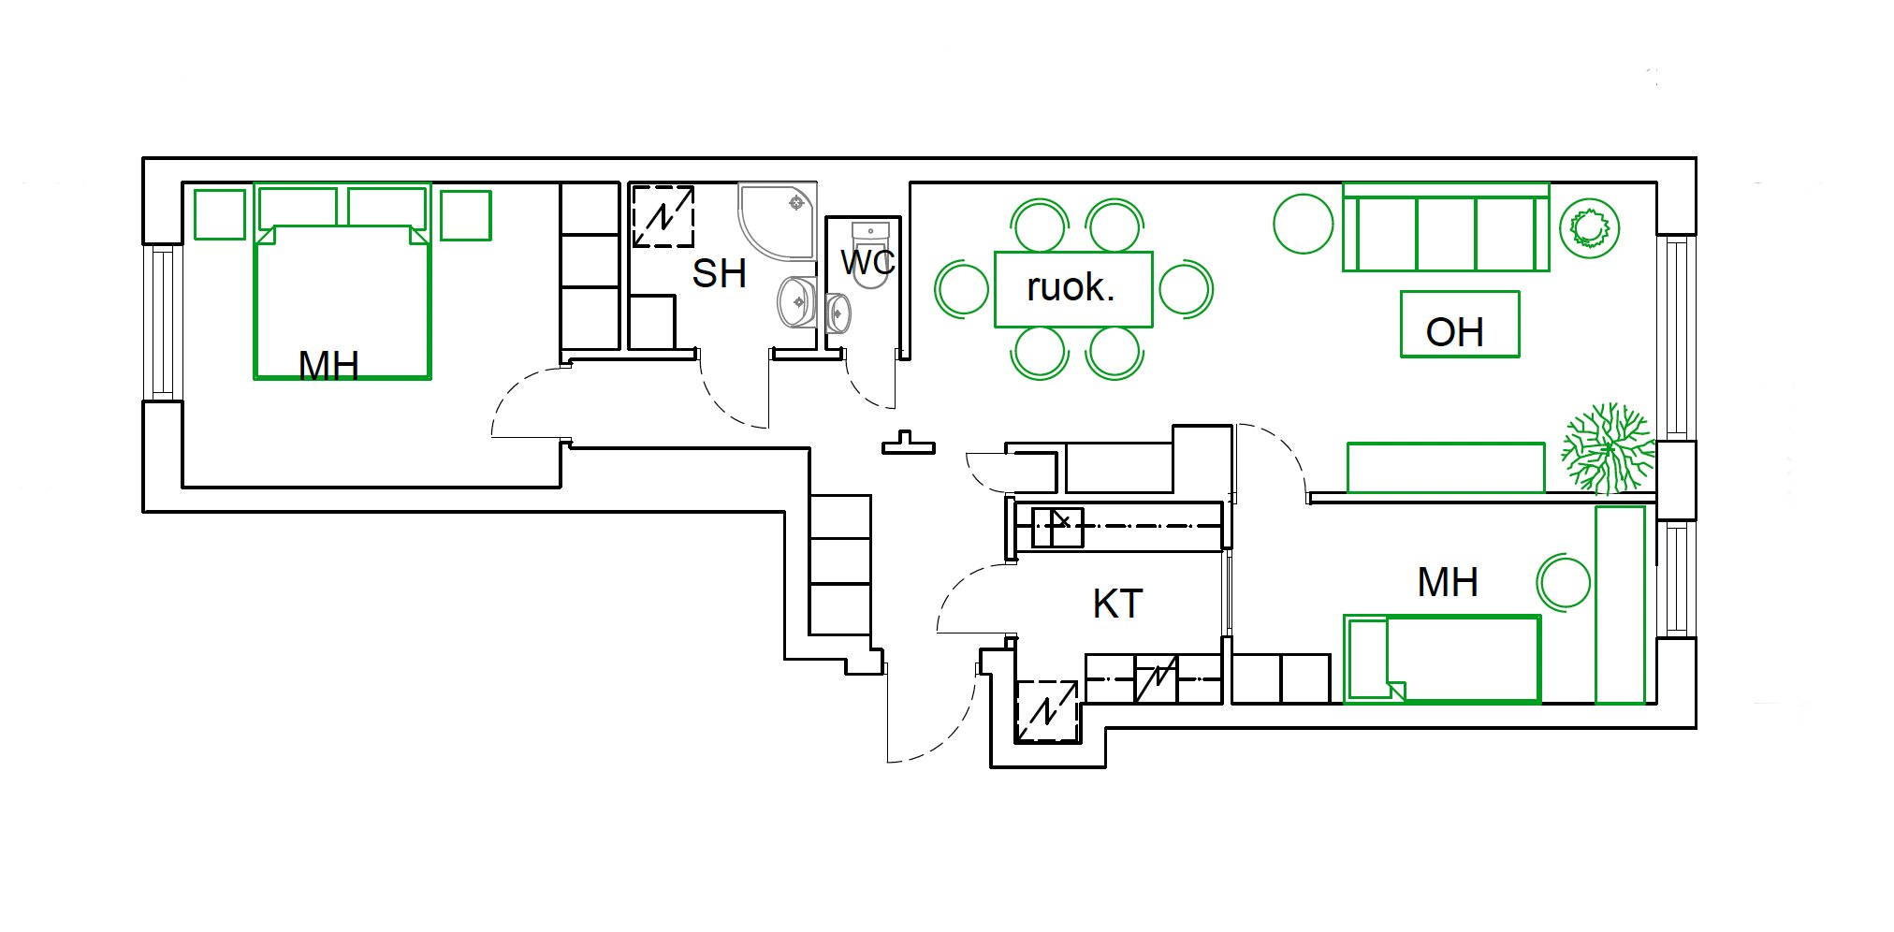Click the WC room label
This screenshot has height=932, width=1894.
coord(867,262)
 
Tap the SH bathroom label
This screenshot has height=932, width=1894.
coord(719,273)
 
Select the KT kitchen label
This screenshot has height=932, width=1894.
coord(1117,604)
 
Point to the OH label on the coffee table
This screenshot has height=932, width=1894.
coord(1454,332)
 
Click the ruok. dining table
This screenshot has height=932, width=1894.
coord(1072,289)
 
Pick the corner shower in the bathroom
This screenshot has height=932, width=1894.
coord(777,221)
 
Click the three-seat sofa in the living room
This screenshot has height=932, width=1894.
coord(1446,227)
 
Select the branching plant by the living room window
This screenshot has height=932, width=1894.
coord(1607,448)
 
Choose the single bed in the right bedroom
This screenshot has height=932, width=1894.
coord(1442,659)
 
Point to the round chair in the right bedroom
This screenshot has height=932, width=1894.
coord(1563,582)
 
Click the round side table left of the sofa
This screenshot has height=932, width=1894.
coord(1303,224)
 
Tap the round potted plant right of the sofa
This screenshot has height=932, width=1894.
coord(1590,228)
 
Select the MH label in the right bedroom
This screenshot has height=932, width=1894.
coord(1448,582)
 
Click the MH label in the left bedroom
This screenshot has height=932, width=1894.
coord(328,365)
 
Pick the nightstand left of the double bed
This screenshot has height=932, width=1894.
coord(220,214)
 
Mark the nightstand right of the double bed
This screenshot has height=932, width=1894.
coord(466,215)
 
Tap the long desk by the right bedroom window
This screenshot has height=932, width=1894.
coord(1620,604)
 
